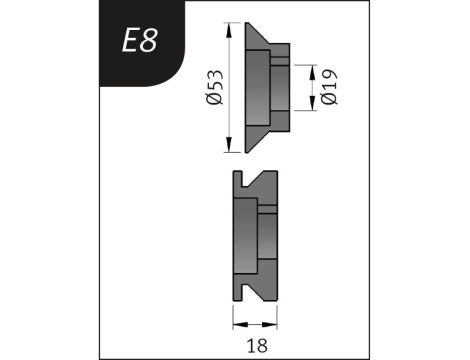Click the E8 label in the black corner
pos(140,41)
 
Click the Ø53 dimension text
pos(214,87)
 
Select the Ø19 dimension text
pos(329,87)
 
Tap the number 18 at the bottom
pos(257,346)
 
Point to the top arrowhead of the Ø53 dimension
pos(229,30)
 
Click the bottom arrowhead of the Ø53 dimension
pos(229,145)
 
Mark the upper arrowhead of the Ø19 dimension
pos(312,72)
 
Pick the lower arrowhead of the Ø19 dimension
pos(312,103)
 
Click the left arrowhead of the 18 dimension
pos(240,324)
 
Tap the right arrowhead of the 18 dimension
pos(270,324)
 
